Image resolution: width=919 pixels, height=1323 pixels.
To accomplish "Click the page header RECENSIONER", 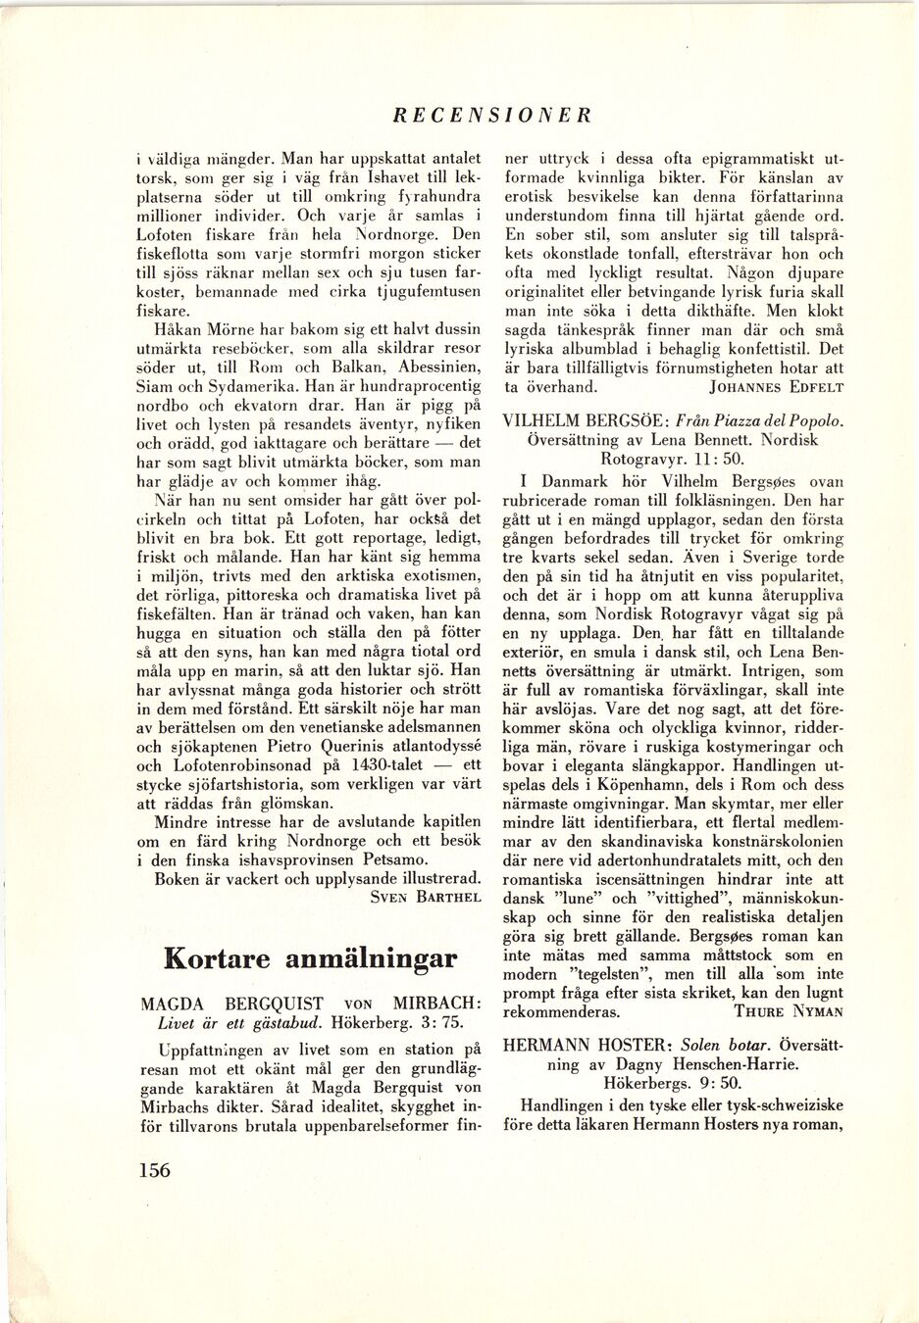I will click(x=492, y=115).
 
